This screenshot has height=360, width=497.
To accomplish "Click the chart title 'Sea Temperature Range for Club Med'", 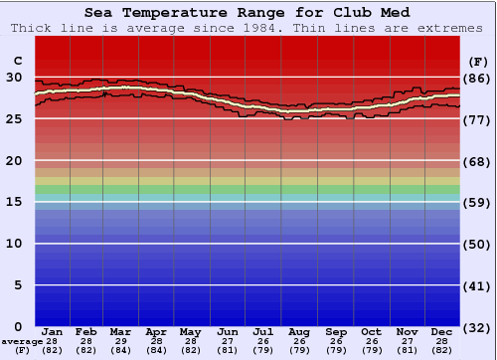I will click(248, 12).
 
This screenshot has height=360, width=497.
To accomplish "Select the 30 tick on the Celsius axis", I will click(14, 78).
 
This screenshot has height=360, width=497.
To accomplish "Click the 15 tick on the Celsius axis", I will click(14, 202).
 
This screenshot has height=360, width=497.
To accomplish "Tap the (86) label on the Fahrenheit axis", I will click(476, 78).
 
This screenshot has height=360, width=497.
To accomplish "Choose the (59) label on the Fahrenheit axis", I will click(476, 202).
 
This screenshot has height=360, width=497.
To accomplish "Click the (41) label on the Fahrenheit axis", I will click(476, 285).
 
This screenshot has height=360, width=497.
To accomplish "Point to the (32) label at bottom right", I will click(476, 327).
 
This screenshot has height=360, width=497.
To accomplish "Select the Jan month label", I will click(53, 331).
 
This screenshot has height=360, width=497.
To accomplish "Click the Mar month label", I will click(120, 331).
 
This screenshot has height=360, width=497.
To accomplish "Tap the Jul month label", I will click(263, 331).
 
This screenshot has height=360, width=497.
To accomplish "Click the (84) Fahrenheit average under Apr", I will click(156, 351).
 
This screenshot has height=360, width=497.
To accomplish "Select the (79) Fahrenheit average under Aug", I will click(299, 351).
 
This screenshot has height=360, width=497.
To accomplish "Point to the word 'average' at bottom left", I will click(21, 341).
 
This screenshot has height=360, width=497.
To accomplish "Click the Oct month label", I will click(371, 331).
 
